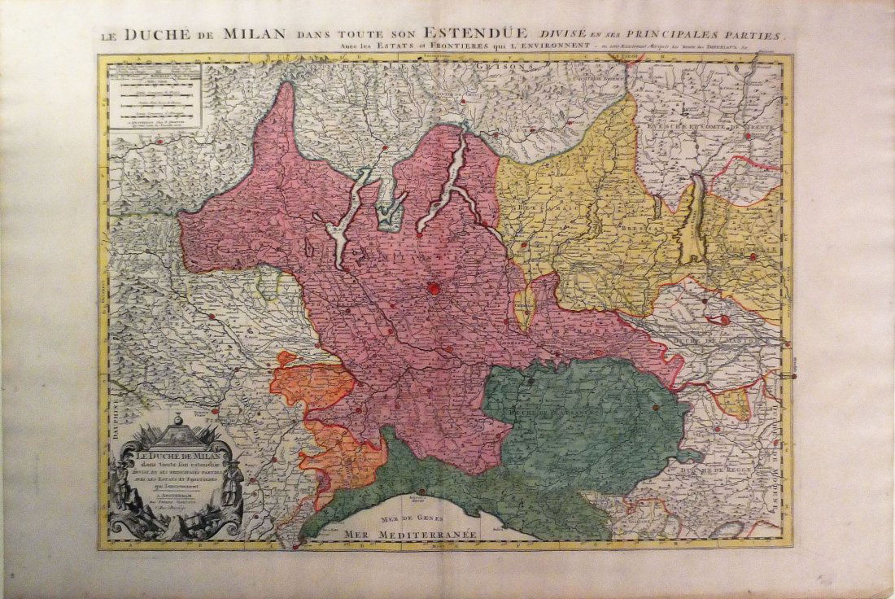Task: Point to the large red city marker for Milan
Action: [434, 287]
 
